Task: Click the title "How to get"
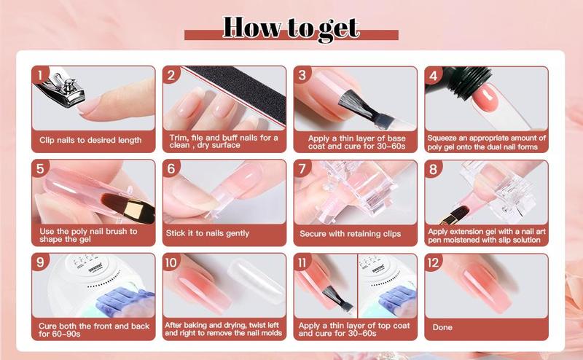pyautogui.click(x=291, y=27)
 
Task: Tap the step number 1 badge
pyautogui.click(x=41, y=75)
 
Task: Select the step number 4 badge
pyautogui.click(x=434, y=75)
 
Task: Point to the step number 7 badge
pyautogui.click(x=302, y=168)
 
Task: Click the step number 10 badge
pyautogui.click(x=172, y=262)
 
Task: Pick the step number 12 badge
pyautogui.click(x=434, y=262)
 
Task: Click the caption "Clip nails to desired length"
pyautogui.click(x=90, y=140)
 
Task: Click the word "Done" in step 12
pyautogui.click(x=442, y=327)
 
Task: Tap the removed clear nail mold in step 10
pyautogui.click(x=254, y=284)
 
